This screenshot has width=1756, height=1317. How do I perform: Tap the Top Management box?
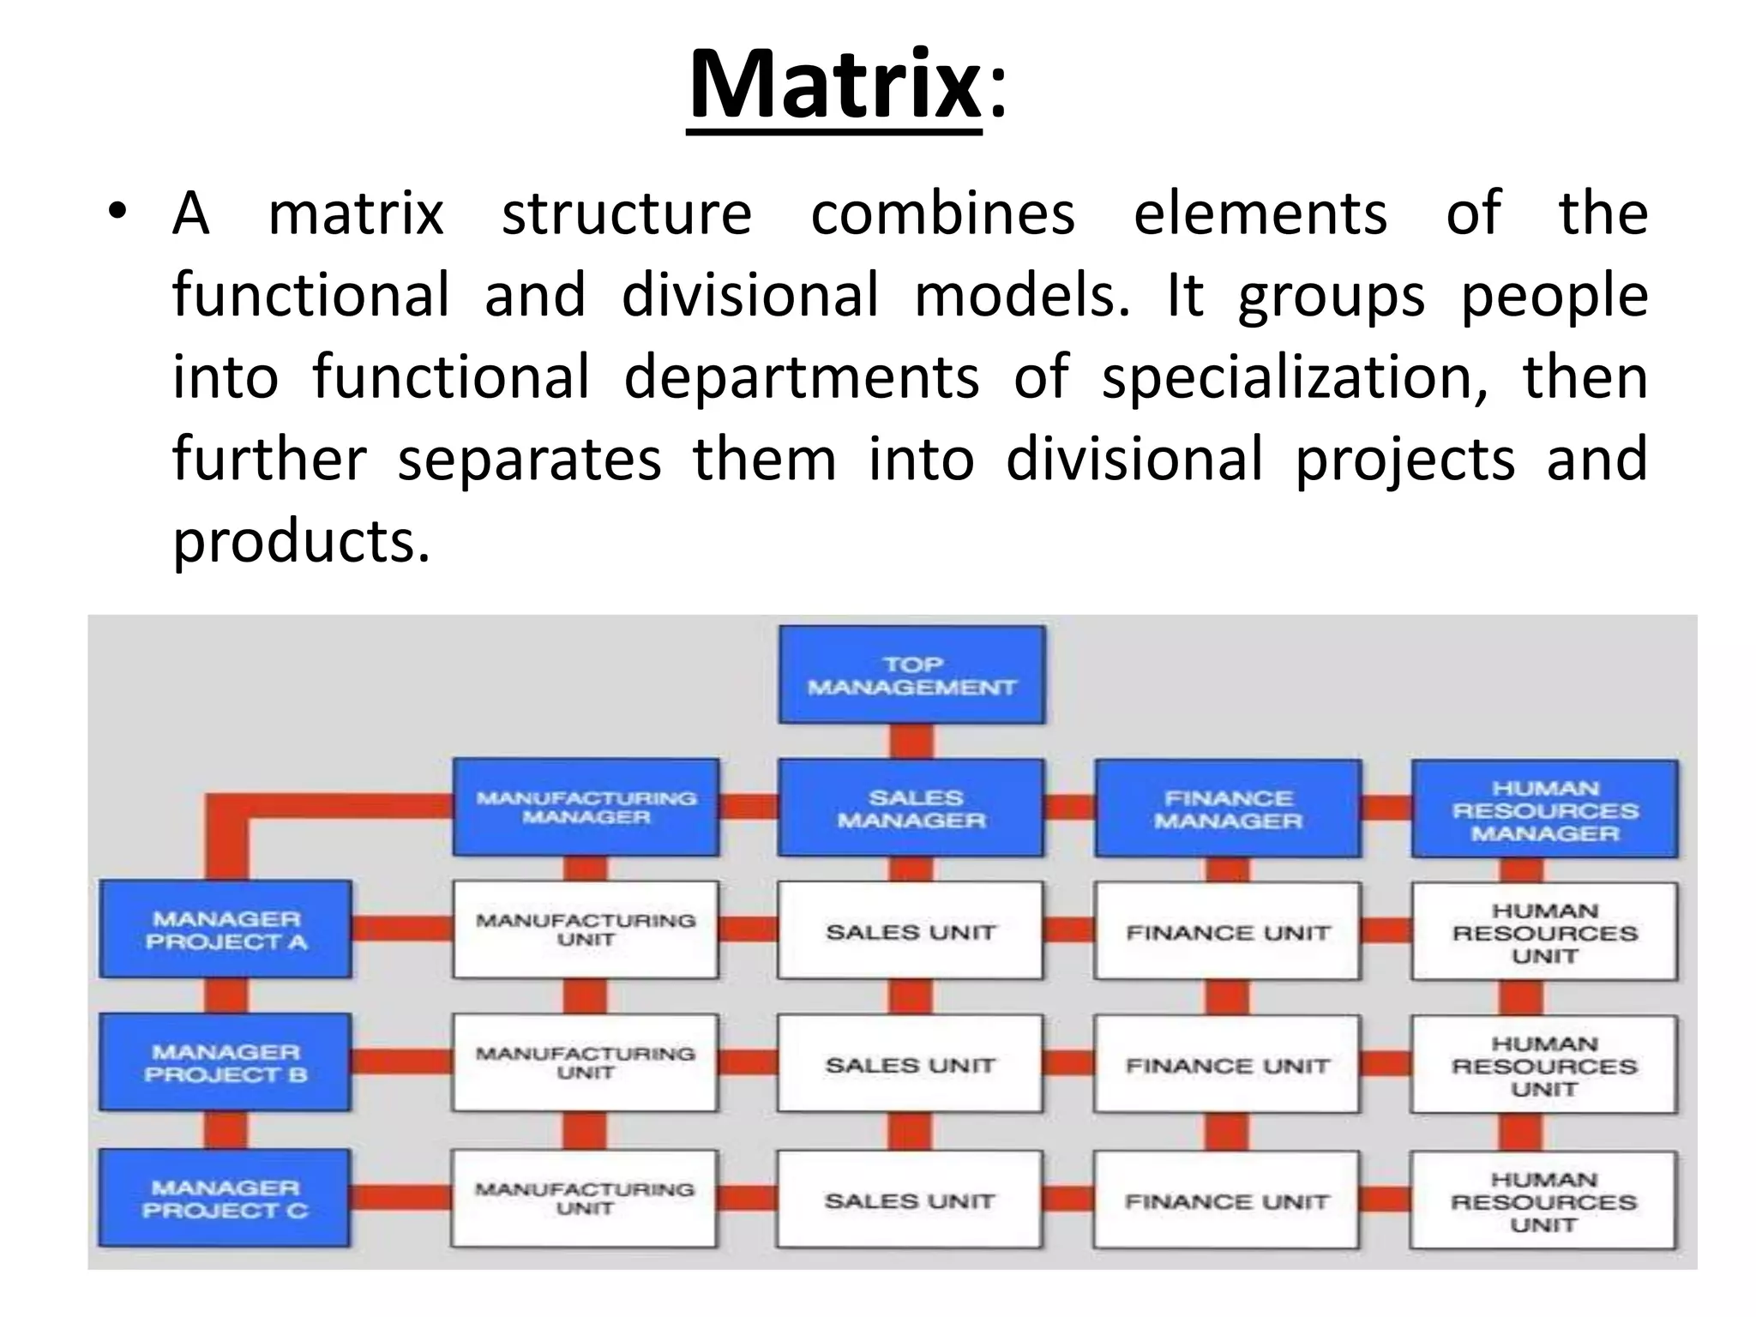coord(911,676)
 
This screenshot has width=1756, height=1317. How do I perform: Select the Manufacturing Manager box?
coord(586,807)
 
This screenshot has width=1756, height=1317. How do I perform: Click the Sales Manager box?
coord(911,808)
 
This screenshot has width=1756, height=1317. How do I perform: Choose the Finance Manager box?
coord(1227,809)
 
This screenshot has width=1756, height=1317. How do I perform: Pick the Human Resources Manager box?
coord(1544,809)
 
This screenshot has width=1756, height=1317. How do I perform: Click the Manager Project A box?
coord(226,929)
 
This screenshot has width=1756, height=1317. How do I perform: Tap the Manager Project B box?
coord(225,1062)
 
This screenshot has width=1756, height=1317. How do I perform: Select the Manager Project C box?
coord(224,1198)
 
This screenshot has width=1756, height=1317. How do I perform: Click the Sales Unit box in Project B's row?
coord(910,1065)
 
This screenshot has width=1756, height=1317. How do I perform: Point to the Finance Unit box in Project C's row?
coord(1226,1200)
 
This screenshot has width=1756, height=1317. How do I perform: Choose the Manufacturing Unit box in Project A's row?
coord(586,930)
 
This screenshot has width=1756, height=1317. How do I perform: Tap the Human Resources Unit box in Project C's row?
coord(1543,1200)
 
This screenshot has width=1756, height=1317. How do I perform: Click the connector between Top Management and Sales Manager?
coord(911,742)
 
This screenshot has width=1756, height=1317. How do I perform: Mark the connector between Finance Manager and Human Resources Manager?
coord(1386,808)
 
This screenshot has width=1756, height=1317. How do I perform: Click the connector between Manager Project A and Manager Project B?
coord(226,995)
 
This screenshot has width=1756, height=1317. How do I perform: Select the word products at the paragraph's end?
coord(300,541)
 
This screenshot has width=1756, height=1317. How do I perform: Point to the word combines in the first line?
coord(942,213)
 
